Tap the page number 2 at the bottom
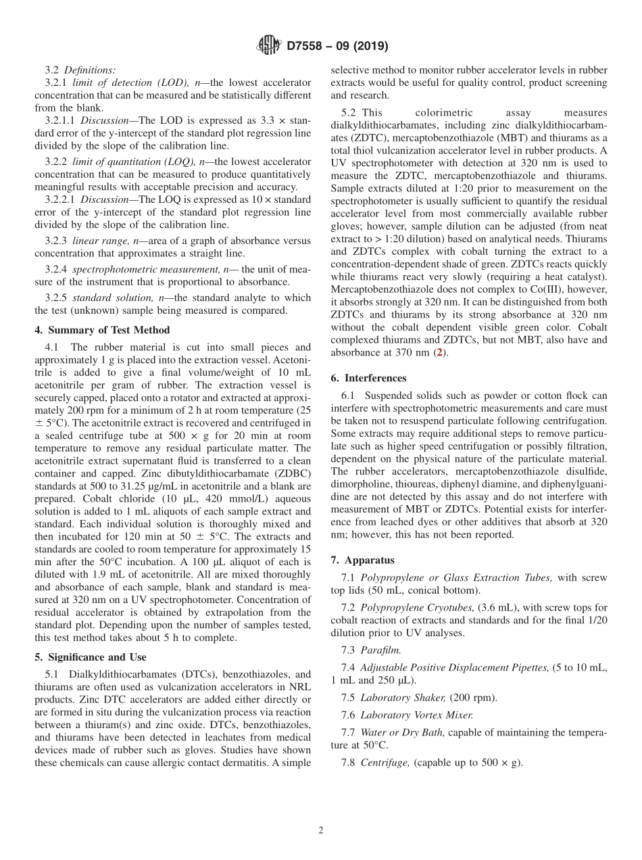[321, 830]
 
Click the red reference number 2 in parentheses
[441, 352]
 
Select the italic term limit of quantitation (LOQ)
[128, 162]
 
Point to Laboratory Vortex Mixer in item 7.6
[416, 715]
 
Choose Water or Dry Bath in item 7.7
[403, 732]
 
